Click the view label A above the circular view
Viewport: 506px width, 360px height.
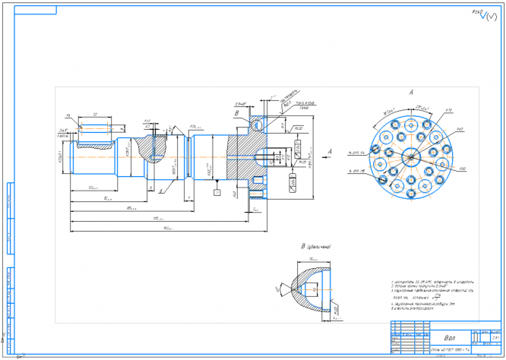click(411, 93)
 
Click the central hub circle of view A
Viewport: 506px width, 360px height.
click(411, 156)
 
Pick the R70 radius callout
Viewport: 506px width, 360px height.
click(448, 111)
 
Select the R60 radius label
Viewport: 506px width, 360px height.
click(460, 130)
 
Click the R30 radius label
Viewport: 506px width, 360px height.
click(462, 167)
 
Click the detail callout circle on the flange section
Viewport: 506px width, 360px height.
click(258, 121)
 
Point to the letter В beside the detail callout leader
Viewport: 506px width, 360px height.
click(236, 112)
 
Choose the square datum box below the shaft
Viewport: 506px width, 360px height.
click(217, 193)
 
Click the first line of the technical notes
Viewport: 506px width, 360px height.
click(422, 280)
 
